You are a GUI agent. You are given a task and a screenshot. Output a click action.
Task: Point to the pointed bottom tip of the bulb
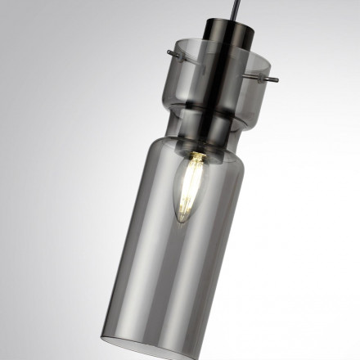[183, 221]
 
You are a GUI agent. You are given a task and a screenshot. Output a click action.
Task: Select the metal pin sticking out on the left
[174, 56]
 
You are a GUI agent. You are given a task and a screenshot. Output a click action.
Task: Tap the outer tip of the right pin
[277, 80]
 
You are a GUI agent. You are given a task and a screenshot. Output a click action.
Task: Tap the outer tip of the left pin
[167, 53]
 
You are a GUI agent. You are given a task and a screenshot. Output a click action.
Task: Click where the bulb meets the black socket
[198, 154]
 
